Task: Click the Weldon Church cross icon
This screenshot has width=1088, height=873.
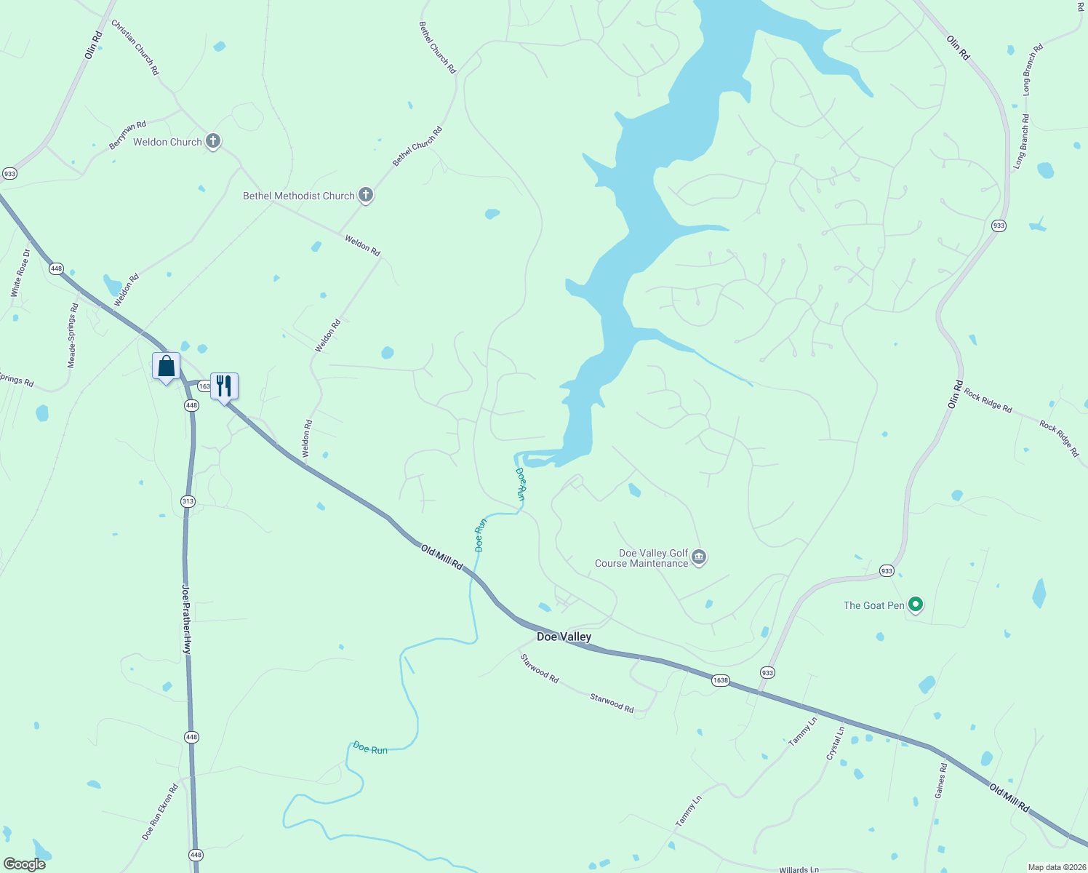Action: coord(213,141)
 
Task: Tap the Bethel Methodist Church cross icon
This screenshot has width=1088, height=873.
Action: coord(366,195)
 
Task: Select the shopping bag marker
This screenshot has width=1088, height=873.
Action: coord(166,366)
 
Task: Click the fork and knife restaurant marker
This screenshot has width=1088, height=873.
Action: coord(224,386)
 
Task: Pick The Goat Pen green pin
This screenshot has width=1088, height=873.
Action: coord(916,605)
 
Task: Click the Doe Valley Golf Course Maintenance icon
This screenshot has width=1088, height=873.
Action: coord(699,557)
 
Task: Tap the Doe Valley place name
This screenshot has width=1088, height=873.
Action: coord(564,637)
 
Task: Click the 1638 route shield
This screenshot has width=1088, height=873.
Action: coord(720,680)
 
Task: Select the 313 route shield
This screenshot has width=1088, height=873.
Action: coord(188,501)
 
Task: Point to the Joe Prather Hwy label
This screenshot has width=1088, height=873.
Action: coord(186,618)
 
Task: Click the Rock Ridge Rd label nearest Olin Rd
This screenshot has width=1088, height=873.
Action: coord(988,400)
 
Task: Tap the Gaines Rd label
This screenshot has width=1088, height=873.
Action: coord(941,780)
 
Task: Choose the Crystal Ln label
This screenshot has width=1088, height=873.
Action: coord(836,743)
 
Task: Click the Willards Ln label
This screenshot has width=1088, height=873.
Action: coord(799,869)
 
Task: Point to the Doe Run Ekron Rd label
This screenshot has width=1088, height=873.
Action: coord(160,812)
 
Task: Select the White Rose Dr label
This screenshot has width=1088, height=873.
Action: coord(20,273)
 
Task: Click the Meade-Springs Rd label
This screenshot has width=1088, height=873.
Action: coord(72,335)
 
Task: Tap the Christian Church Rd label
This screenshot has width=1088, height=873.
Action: coord(135,47)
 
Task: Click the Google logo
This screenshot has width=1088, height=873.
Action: coord(24,864)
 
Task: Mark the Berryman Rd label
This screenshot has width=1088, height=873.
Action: coord(127,135)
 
